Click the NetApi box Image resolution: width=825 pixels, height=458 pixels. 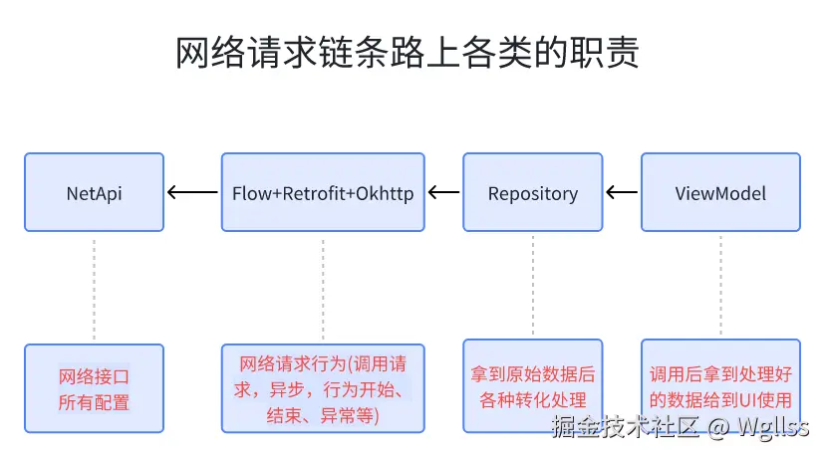click(x=94, y=192)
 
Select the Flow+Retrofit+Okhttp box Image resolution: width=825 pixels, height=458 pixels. click(x=323, y=192)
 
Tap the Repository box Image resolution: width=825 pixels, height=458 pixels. click(x=533, y=192)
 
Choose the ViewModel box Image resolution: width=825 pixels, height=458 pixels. click(x=720, y=192)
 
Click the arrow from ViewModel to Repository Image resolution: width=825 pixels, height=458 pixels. click(x=622, y=192)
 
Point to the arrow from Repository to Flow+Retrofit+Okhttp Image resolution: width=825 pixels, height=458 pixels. click(x=443, y=192)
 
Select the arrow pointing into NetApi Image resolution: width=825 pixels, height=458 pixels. click(x=192, y=192)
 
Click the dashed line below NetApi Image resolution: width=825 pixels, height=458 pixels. click(x=94, y=289)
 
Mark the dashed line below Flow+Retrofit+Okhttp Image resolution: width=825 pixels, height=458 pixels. click(x=323, y=289)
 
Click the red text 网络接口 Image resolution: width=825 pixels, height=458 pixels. click(x=94, y=377)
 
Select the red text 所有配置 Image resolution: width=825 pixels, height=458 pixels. click(x=94, y=402)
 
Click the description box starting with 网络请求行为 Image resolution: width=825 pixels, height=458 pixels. click(x=323, y=388)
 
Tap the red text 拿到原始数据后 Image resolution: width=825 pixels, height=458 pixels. click(x=533, y=374)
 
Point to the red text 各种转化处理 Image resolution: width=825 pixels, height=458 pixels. click(x=533, y=399)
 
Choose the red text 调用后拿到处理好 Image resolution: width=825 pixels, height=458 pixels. click(x=720, y=374)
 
